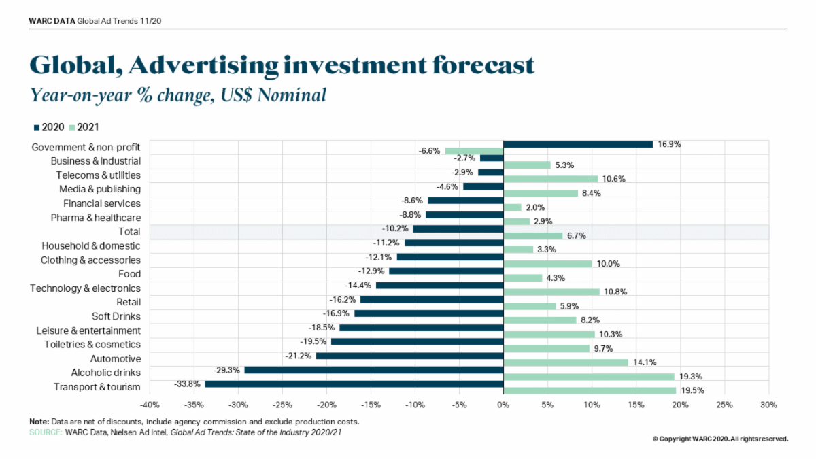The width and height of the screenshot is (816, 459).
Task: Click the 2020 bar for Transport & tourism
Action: click(354, 384)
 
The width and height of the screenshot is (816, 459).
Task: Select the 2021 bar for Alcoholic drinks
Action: click(588, 377)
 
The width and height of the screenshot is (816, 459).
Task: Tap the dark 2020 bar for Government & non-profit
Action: click(577, 144)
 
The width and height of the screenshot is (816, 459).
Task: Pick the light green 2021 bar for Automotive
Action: click(565, 362)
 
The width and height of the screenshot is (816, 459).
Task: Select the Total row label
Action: click(129, 232)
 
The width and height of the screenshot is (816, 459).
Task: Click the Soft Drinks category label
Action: click(116, 316)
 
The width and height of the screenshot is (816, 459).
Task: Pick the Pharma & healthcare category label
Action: click(96, 218)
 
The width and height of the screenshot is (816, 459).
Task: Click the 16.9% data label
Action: click(668, 144)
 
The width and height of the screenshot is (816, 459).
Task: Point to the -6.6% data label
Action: click(430, 151)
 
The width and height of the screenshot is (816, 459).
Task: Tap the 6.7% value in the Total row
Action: click(577, 235)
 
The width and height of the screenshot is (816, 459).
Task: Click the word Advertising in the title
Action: click(202, 65)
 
